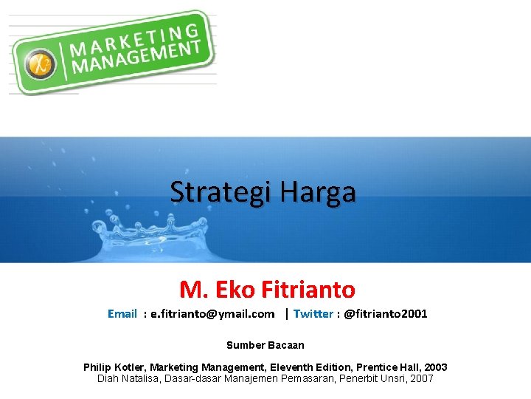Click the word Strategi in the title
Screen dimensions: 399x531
(212, 192)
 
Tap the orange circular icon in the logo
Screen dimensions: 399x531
(41, 62)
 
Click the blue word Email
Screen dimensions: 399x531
(122, 314)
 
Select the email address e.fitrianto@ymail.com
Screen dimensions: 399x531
(212, 314)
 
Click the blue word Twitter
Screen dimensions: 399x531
(313, 314)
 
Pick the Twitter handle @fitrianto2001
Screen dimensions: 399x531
(386, 314)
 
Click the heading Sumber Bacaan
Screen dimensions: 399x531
(265, 345)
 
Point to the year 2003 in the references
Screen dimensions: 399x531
(435, 367)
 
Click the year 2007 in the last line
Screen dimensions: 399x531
(421, 378)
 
